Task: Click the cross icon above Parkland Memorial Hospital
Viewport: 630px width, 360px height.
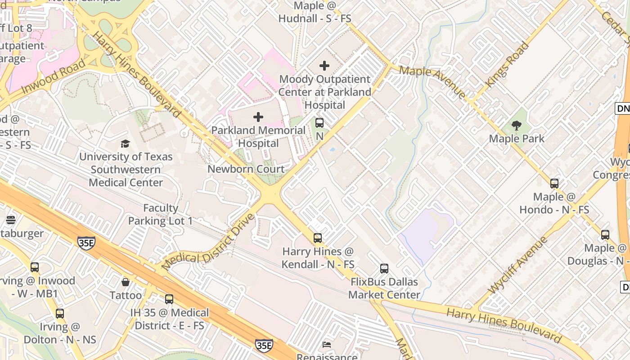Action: click(x=258, y=117)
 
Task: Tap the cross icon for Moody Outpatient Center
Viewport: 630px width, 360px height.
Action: click(x=324, y=66)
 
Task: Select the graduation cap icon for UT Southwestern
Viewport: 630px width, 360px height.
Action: click(x=125, y=144)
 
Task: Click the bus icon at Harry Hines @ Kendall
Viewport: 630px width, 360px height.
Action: click(x=318, y=238)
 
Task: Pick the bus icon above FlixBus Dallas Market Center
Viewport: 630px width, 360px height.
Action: click(x=384, y=269)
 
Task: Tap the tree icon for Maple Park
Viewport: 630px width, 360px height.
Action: click(x=516, y=126)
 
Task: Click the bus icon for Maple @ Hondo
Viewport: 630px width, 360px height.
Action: click(x=554, y=184)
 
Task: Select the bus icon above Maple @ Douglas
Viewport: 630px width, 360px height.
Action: click(x=605, y=235)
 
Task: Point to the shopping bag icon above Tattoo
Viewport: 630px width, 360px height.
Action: click(x=126, y=282)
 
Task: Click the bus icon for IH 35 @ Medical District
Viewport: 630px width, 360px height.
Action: click(x=169, y=299)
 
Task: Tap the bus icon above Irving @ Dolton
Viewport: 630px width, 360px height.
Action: click(x=60, y=314)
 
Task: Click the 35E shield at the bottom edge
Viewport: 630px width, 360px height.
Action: click(x=264, y=346)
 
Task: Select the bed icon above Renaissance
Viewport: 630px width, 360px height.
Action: click(x=327, y=345)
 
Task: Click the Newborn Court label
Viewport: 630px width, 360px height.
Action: click(x=246, y=169)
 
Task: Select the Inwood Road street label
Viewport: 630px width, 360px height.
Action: click(x=53, y=76)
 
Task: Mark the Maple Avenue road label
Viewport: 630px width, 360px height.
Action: click(x=432, y=82)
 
